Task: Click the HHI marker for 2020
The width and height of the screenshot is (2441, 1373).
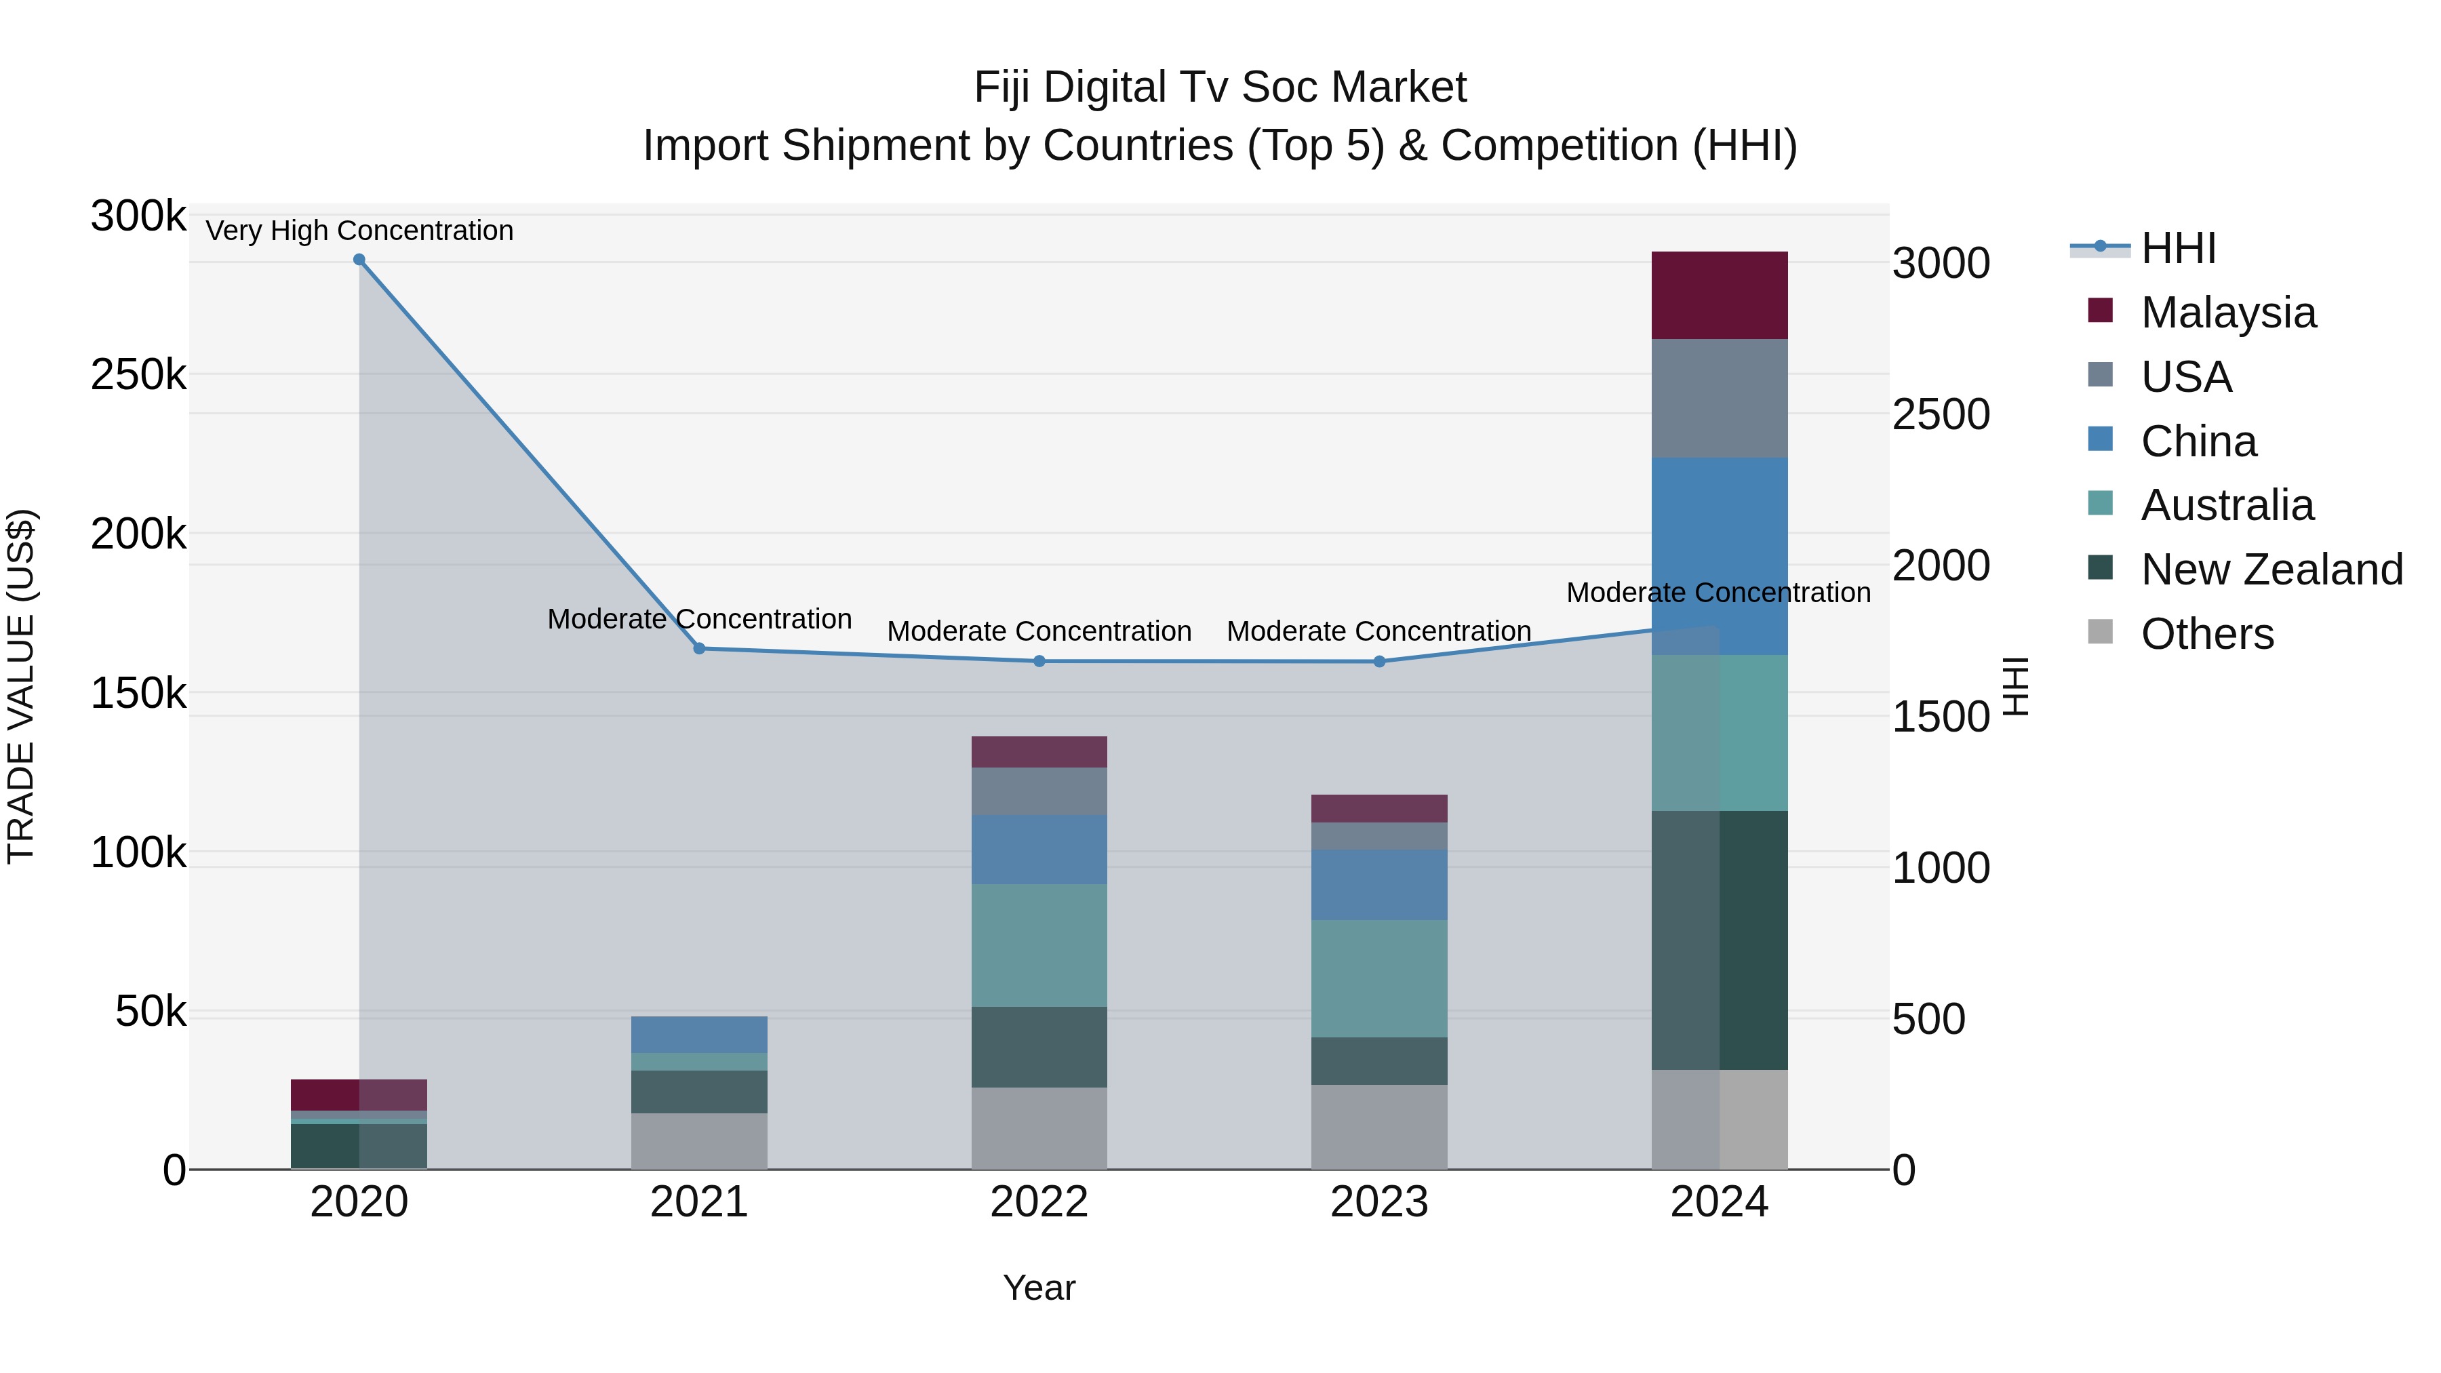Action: point(359,260)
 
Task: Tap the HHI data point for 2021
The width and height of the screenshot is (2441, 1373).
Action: point(699,648)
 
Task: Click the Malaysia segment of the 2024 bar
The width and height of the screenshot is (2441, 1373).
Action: point(1719,296)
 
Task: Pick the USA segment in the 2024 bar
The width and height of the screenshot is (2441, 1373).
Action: point(1719,398)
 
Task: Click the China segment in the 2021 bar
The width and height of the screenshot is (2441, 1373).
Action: point(699,1034)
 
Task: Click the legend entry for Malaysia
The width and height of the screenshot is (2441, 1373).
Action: point(2227,313)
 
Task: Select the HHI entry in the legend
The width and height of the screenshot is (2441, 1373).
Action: point(2177,248)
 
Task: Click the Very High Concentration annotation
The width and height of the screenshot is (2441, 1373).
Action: point(359,231)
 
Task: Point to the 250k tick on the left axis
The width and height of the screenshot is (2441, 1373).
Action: point(138,375)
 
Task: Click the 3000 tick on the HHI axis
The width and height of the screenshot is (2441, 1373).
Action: point(1941,264)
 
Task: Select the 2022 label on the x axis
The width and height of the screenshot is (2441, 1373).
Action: point(1039,1202)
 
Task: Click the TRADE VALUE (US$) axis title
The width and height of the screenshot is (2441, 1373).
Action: point(21,686)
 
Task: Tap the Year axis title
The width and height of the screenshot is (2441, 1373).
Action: point(1039,1288)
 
